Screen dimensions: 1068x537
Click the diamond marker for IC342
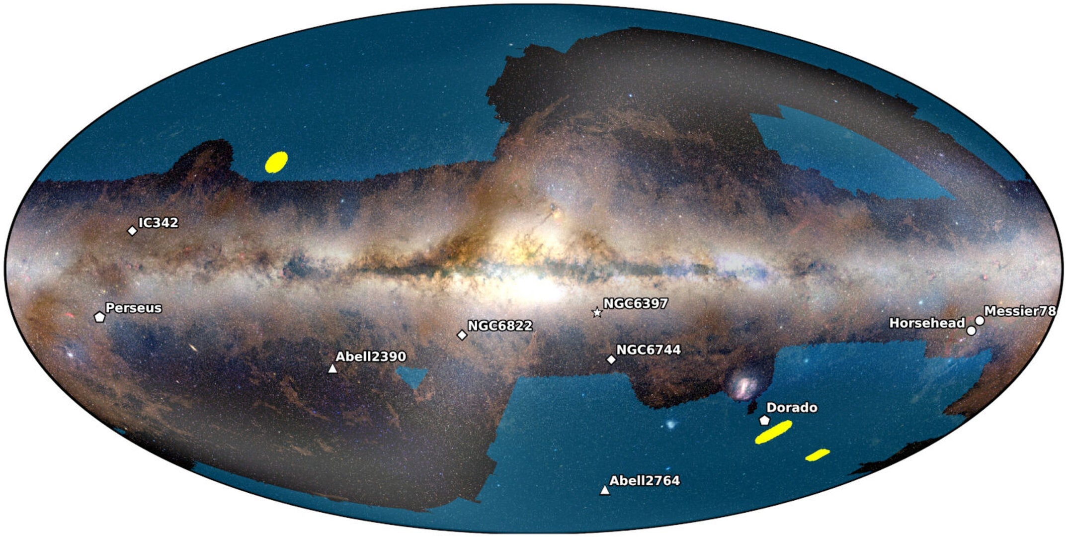click(132, 231)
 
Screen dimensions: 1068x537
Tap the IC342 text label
click(158, 222)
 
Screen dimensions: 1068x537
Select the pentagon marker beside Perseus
click(99, 316)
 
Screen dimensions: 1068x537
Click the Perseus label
click(134, 308)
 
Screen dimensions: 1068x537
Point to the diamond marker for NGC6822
click(462, 335)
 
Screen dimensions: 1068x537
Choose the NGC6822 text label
click(500, 326)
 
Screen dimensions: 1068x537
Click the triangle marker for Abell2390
click(332, 368)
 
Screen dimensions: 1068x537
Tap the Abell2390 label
click(371, 357)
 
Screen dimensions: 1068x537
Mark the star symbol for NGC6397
click(597, 313)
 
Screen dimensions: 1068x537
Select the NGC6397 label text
click(636, 303)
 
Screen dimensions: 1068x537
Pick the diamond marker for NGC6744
click(611, 359)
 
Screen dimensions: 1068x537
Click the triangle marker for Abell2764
click(605, 491)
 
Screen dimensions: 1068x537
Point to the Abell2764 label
click(645, 480)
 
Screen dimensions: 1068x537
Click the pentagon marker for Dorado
click(764, 420)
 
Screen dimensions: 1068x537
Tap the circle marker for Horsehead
click(971, 331)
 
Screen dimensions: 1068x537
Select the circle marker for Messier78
click(980, 321)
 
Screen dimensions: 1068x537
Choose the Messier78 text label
click(1020, 311)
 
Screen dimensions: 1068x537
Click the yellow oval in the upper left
click(276, 162)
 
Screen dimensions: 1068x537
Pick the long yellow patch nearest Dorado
click(773, 432)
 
